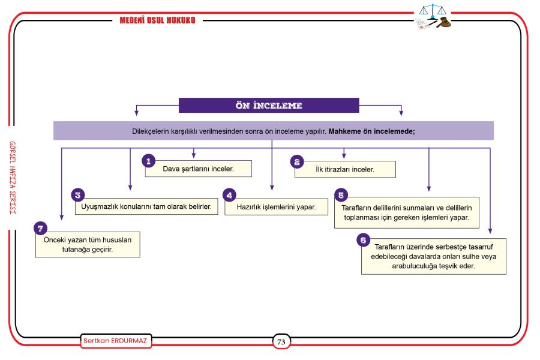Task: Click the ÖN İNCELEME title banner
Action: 269,106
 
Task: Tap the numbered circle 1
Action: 148,161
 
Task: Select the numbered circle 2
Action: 297,161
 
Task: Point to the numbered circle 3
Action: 78,195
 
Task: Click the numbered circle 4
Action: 229,196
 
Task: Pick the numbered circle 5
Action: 341,196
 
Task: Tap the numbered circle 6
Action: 364,240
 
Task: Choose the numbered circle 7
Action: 40,228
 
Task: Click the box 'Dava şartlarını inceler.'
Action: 199,169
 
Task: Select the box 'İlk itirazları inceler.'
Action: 345,169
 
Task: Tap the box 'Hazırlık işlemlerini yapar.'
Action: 276,206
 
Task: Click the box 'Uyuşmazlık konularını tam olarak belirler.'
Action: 146,206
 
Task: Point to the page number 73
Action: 281,342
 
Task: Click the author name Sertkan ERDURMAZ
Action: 116,341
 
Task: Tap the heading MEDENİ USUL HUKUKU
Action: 157,20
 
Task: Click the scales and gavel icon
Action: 433,17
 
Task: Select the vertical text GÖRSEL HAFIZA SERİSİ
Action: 13,178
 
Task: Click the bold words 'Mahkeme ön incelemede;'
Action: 371,131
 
